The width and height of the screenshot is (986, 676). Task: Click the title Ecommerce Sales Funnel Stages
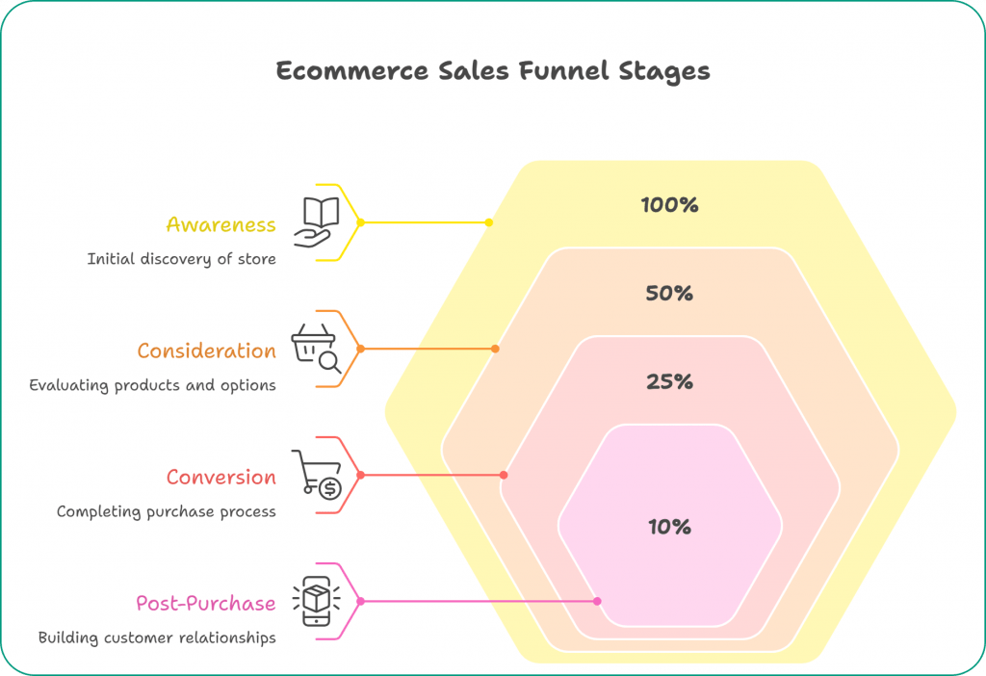[493, 71]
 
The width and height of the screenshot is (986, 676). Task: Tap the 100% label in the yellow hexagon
[669, 204]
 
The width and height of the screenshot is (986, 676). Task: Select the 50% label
[669, 293]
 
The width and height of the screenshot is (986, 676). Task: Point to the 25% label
[669, 381]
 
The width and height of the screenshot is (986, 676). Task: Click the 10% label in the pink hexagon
[669, 527]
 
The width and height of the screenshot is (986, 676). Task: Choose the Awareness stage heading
[221, 224]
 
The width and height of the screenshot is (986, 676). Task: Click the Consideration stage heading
[206, 351]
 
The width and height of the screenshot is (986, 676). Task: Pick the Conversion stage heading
[221, 477]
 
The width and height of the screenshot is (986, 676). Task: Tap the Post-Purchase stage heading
[205, 604]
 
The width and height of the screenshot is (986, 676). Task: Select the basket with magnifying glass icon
[316, 348]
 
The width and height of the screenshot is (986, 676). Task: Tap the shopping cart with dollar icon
[317, 474]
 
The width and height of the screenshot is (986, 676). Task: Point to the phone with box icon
[315, 601]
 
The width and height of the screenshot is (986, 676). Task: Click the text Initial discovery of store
[181, 259]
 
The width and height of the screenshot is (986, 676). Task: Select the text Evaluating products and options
[152, 385]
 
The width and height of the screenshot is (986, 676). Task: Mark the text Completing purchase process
[166, 511]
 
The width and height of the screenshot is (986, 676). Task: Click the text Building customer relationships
[157, 637]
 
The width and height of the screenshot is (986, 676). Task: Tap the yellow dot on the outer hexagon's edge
[489, 222]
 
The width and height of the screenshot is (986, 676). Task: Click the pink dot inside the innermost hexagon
[597, 601]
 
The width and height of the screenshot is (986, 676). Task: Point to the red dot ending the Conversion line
[505, 475]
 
